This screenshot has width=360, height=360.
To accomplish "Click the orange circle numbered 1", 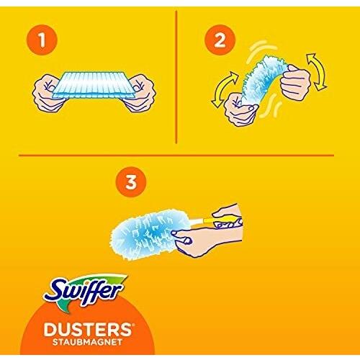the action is pos(42,40).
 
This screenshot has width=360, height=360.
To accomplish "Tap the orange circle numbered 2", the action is pos(220,40).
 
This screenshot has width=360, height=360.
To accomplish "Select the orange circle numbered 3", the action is pos(131,182).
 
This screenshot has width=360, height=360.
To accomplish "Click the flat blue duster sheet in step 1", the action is pos(94,85).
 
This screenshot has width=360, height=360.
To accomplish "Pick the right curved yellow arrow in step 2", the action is pos(318,71).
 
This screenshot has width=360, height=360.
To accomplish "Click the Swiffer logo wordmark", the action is pos(84,292).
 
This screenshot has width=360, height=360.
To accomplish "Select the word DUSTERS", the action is pos(88,329).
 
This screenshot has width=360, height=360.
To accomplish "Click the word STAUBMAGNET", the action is pos(87,342).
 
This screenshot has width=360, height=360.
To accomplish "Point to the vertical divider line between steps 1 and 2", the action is pos(176,77).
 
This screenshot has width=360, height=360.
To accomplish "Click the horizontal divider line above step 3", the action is pos(176,156).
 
